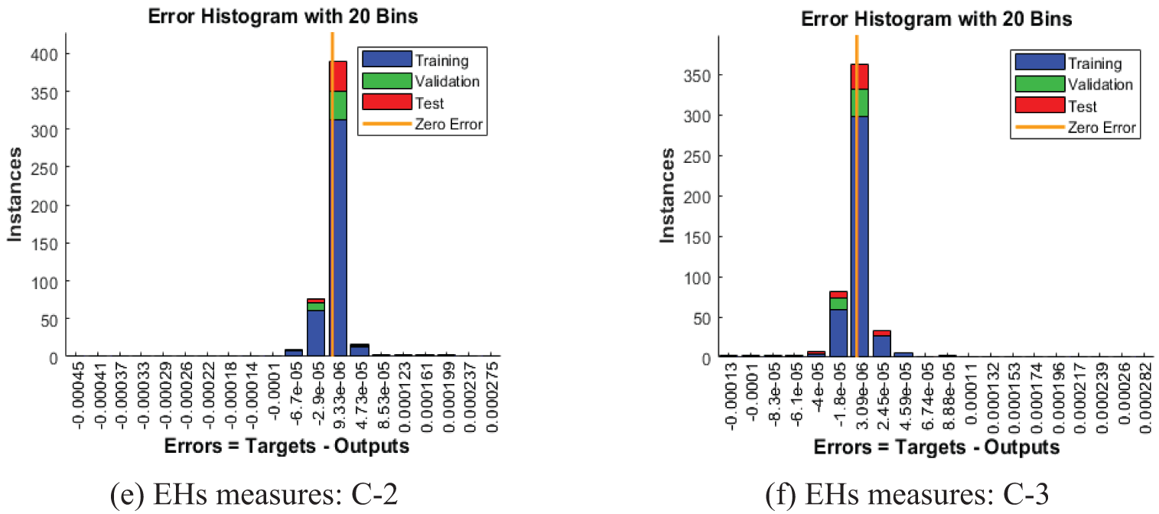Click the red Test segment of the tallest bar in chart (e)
(x=338, y=76)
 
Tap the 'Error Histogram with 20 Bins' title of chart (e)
(x=283, y=17)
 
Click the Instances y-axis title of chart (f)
(x=667, y=196)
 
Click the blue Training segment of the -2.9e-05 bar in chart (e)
(x=316, y=333)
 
